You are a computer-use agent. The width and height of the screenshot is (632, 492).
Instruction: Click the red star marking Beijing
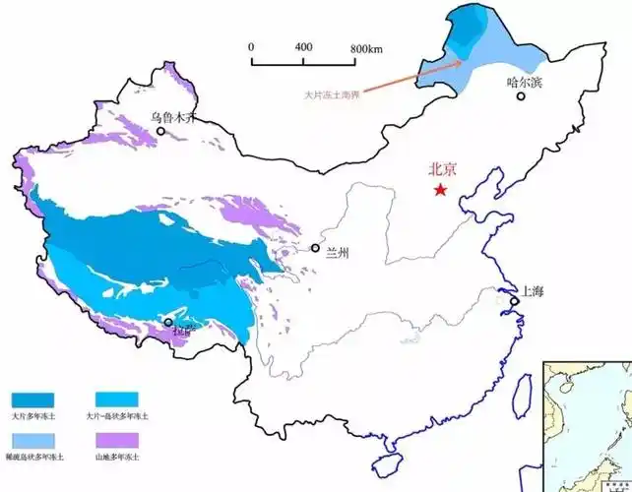pyautogui.click(x=440, y=190)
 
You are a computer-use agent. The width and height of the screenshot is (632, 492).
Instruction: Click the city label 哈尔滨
pyautogui.click(x=524, y=83)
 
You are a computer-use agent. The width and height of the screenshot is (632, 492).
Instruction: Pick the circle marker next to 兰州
pyautogui.click(x=315, y=248)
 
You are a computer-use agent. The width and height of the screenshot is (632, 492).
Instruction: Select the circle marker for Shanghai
pyautogui.click(x=514, y=300)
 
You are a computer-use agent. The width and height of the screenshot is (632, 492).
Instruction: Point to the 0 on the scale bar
pyautogui.click(x=251, y=47)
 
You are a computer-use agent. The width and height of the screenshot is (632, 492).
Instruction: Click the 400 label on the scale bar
pyautogui.click(x=303, y=47)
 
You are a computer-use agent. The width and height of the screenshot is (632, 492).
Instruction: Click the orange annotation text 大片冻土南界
pyautogui.click(x=334, y=94)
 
